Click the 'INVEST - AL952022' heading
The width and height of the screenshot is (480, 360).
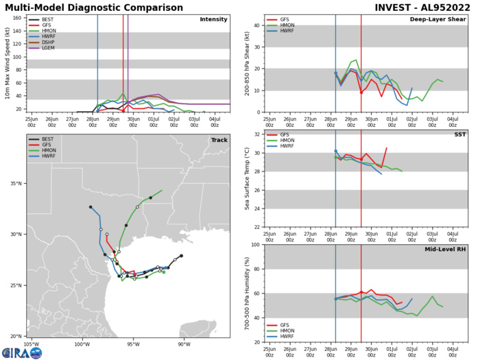tap(412, 7)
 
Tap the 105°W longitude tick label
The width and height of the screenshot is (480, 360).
tap(31, 344)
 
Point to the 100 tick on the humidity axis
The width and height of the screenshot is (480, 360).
tap(253, 245)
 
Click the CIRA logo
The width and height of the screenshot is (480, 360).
tap(21, 352)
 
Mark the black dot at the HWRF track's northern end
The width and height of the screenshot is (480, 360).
tap(90, 206)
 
